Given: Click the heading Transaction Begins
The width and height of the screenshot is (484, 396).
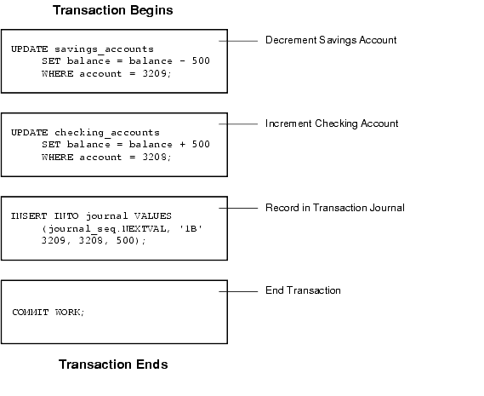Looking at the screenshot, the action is click(112, 10).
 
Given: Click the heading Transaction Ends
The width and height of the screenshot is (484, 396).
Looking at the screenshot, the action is click(113, 364).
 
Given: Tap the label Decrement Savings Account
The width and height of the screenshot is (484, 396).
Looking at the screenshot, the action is click(331, 40).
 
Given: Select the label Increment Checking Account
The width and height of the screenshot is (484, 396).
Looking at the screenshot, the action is click(332, 123).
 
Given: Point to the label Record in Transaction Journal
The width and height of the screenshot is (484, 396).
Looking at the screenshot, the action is click(335, 208).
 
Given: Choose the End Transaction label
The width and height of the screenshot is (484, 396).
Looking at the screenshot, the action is click(303, 290).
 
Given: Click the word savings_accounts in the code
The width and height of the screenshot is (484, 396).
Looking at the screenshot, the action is click(104, 49).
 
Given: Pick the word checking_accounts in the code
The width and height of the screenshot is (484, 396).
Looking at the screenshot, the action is click(107, 133).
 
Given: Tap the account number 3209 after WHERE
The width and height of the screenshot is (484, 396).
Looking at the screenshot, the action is click(154, 73).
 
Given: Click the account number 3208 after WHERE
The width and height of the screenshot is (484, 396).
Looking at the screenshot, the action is click(154, 157).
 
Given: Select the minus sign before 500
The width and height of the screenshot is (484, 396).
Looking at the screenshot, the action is click(182, 61).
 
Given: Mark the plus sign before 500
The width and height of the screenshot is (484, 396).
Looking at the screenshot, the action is click(182, 145).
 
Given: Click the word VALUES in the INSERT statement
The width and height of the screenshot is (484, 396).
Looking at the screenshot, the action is click(153, 215).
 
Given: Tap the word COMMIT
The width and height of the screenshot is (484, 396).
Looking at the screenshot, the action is click(31, 313).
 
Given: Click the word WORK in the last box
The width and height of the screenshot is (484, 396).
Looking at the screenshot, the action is click(68, 313).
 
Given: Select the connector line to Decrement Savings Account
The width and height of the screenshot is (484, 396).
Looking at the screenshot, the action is click(238, 41).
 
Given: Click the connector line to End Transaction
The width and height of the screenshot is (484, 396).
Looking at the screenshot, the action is click(238, 291).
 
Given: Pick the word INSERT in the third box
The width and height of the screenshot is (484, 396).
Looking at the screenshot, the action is click(29, 215).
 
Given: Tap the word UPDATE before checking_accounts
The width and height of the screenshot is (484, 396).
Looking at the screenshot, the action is click(30, 133).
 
